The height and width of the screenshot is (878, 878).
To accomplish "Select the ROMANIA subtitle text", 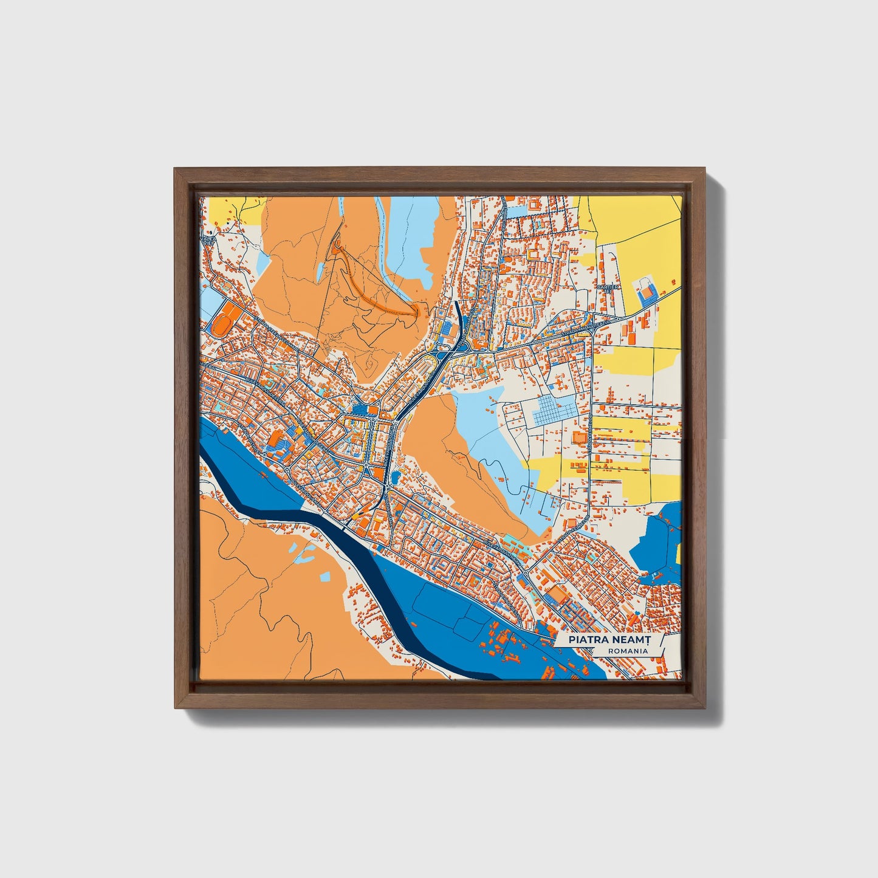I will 627,651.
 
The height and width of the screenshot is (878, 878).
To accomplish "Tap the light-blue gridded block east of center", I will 554,411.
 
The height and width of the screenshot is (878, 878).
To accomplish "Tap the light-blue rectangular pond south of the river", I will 326,575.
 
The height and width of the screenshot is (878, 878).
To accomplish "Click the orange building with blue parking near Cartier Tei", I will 646,293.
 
